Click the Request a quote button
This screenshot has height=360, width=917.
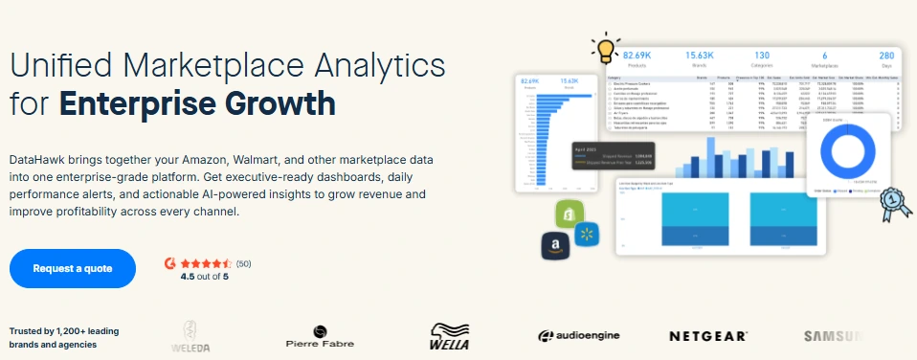(73, 268)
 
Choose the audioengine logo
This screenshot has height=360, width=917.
(578, 335)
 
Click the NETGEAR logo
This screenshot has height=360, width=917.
(707, 336)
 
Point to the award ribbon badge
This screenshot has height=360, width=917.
(895, 201)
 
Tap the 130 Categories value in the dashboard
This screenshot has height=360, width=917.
(762, 56)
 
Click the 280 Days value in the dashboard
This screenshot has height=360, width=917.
(886, 56)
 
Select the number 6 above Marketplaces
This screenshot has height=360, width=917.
(824, 56)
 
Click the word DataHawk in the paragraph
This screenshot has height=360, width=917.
(40, 158)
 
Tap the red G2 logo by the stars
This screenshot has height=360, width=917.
(170, 262)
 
